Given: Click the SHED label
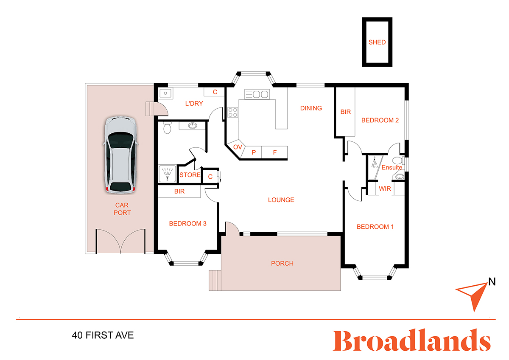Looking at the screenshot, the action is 377,42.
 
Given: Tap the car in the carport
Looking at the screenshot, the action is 120,155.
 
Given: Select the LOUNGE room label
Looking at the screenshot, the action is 281,200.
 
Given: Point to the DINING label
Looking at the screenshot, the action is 311,108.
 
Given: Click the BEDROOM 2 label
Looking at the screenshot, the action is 380,120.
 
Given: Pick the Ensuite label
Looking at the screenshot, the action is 392,168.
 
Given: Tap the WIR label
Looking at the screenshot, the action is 385,188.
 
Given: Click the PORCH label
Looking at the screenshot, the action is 282,263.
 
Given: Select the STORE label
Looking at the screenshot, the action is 190,175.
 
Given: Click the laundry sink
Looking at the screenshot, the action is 166,93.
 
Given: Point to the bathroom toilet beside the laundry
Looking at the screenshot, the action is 167,128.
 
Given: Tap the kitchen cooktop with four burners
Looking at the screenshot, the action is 233,112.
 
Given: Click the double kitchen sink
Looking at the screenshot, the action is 257,94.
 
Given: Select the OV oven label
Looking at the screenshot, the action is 238,147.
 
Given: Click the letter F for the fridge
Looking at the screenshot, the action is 275,152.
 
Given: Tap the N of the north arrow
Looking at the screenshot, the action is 492,282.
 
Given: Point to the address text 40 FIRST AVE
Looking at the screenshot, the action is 103,335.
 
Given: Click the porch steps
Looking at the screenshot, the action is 215,281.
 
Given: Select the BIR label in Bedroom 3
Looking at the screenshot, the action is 179,191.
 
